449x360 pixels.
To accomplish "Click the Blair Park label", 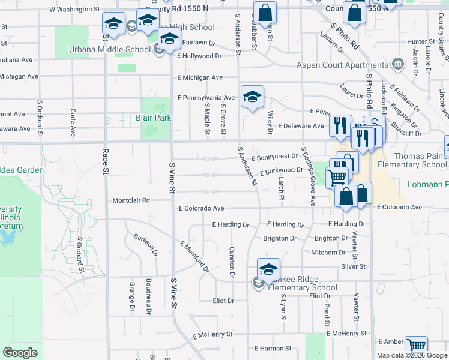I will click(154, 118).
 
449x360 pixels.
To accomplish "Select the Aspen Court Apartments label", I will click(343, 65).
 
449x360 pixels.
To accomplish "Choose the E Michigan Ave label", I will click(200, 77).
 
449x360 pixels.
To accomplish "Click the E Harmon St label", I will click(273, 348).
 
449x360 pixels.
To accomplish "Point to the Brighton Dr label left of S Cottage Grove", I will click(280, 238).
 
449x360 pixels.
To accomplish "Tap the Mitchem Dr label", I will click(328, 253).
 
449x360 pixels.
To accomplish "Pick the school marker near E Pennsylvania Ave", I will click(253, 96).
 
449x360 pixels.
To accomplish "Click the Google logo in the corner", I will click(20, 353).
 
